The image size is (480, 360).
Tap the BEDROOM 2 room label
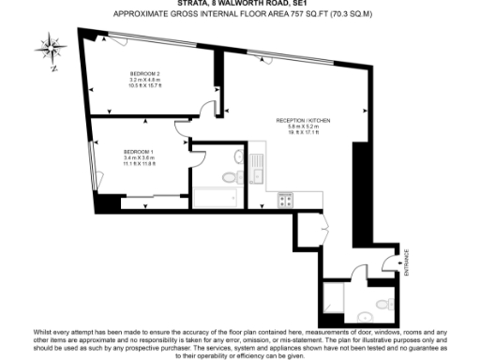[x=145, y=73]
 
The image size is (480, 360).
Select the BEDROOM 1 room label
[x=139, y=152]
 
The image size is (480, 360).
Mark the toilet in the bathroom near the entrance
[x=384, y=302]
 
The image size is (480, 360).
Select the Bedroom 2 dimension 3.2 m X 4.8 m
[x=145, y=81]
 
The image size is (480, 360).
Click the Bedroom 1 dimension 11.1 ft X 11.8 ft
[x=139, y=165]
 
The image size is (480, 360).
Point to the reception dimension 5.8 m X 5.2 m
[x=303, y=128]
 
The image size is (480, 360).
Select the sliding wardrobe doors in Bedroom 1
[x=141, y=197]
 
